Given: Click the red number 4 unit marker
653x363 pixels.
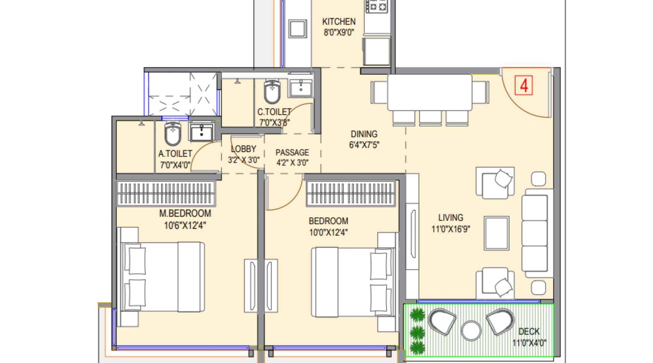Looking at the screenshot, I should pos(524,86).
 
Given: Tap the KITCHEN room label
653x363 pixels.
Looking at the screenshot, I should pos(339,22).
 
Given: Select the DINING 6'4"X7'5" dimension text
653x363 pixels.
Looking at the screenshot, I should pos(364,145).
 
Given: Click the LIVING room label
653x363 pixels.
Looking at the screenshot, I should pos(451,218).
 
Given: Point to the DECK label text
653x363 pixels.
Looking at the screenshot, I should pos(529,332).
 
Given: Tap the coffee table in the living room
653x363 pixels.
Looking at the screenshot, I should pos(497,233).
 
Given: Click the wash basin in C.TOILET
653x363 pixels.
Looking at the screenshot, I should pos(301,87).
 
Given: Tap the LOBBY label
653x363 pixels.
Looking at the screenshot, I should pos(243,149).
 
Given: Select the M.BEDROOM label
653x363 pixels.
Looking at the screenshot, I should pos(185,213).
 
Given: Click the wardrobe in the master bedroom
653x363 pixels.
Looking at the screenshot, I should pos(166,193).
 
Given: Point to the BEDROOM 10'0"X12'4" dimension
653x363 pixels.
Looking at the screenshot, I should pos(329,232).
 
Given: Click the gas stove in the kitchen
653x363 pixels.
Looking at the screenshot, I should pos(376,6).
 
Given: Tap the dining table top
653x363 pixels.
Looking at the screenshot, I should pos(429,92).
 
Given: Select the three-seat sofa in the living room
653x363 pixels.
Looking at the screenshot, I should pos(535,233).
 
